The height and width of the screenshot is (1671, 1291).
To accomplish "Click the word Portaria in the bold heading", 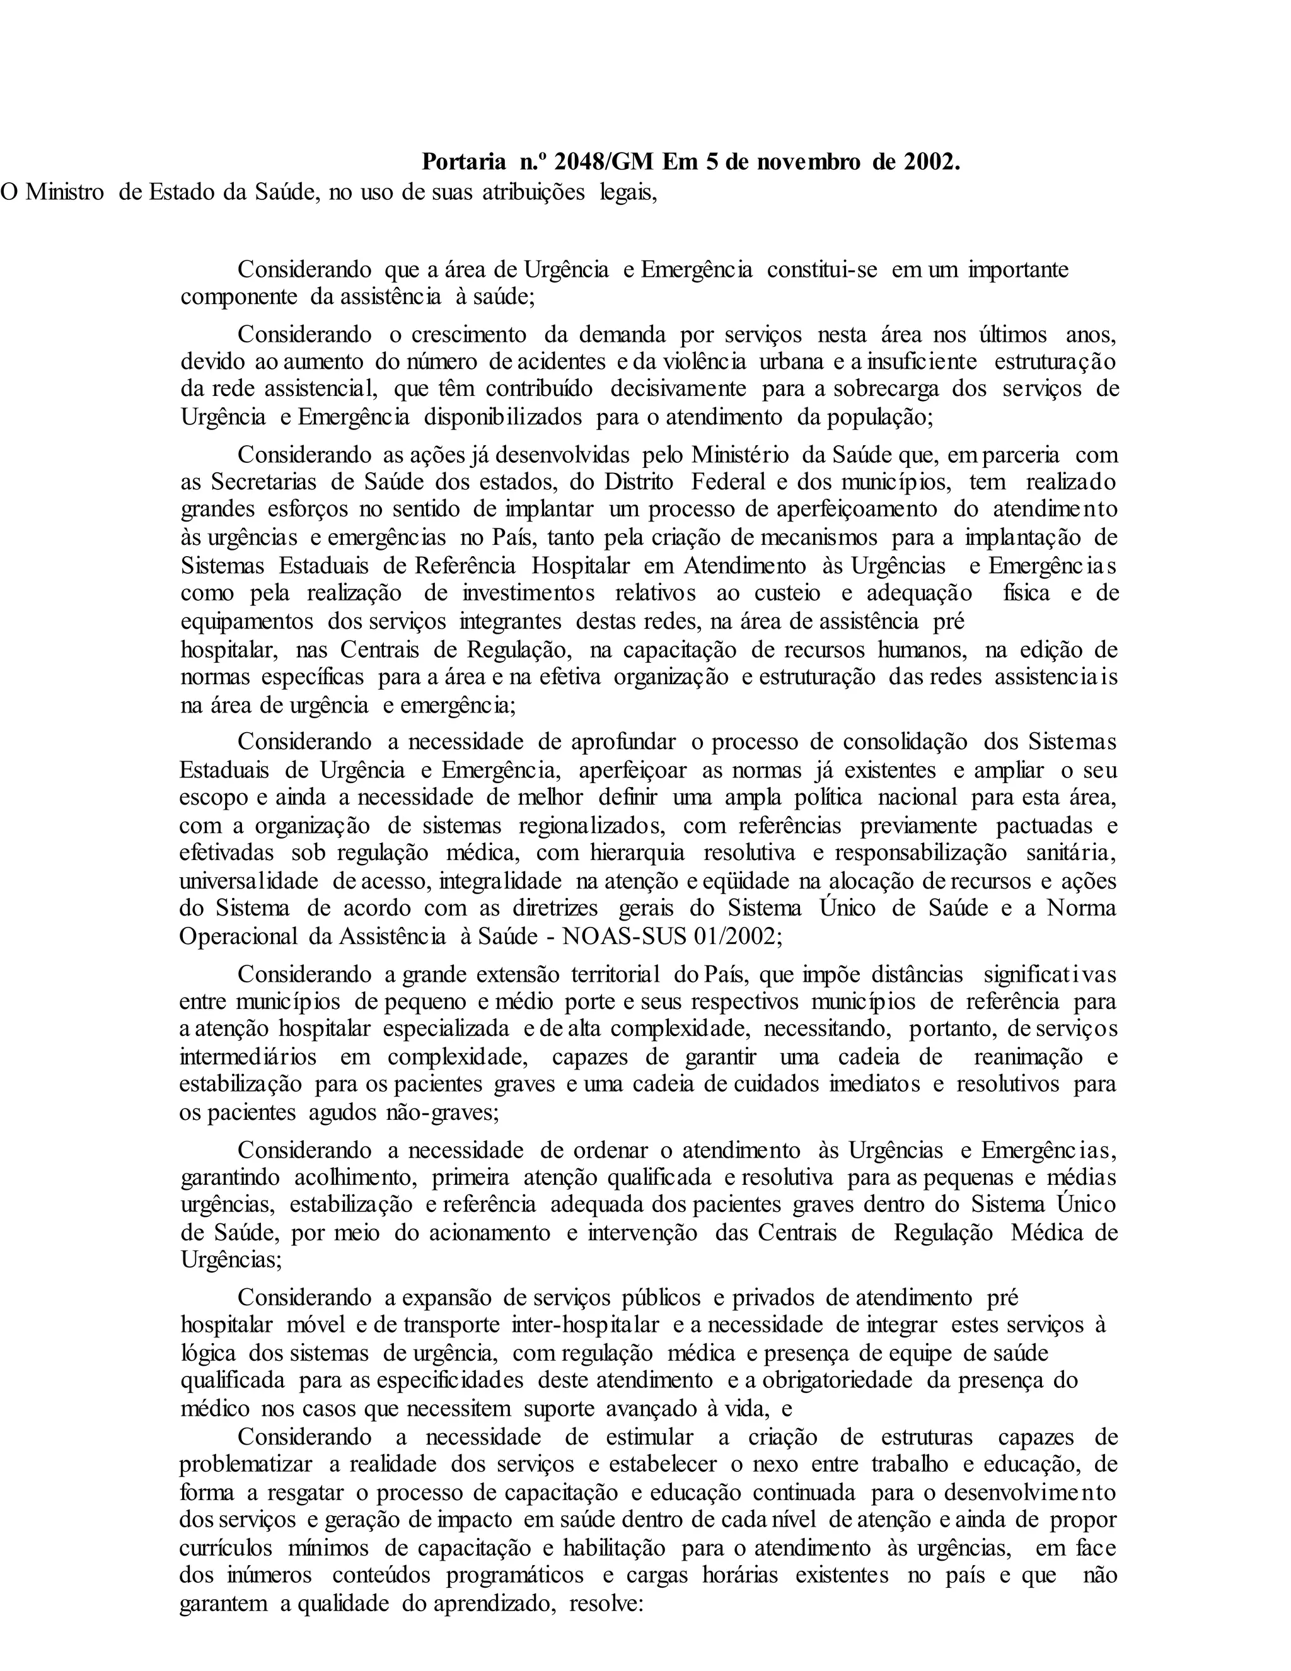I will pyautogui.click(x=463, y=162).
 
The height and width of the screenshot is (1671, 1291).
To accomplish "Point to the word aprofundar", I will pyautogui.click(x=623, y=742).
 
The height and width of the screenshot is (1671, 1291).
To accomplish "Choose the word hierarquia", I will pyautogui.click(x=637, y=853).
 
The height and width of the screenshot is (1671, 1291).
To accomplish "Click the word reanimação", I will pyautogui.click(x=1028, y=1057).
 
